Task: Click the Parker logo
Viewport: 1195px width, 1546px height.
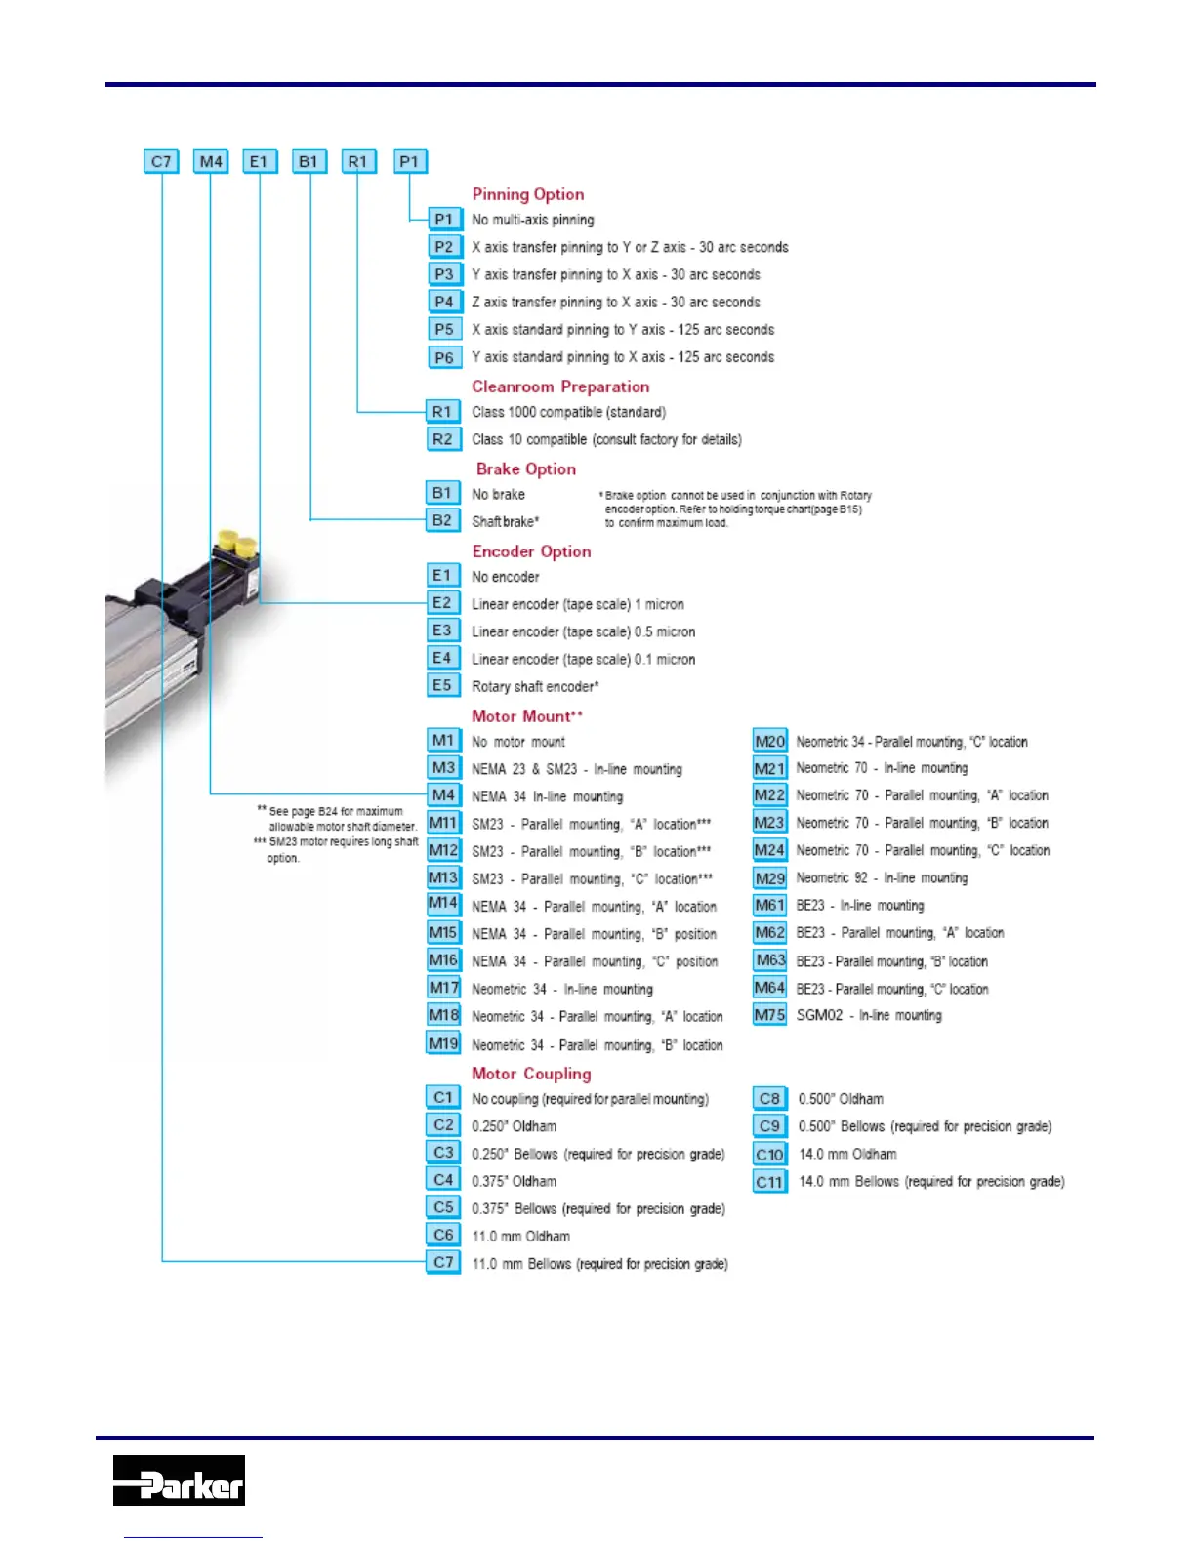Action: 179,1480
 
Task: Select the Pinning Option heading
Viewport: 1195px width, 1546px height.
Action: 528,194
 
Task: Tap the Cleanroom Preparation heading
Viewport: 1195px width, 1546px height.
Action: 560,386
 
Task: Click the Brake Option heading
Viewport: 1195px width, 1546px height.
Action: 526,468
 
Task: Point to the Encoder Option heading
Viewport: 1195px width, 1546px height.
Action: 531,551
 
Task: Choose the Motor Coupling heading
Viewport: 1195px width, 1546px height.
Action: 531,1074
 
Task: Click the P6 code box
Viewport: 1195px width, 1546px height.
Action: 444,357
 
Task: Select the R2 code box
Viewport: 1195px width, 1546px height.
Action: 442,439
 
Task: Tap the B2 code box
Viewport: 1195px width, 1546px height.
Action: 442,520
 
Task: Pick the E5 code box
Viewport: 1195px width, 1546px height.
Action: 442,685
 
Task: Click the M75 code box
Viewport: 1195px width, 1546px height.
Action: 769,1015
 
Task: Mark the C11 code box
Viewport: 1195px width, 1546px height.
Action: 769,1182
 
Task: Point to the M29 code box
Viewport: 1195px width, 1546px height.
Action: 769,878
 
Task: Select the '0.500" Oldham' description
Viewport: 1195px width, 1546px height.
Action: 841,1099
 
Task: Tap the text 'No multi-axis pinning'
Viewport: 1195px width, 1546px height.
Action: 533,220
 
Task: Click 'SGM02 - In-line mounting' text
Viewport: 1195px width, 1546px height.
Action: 869,1016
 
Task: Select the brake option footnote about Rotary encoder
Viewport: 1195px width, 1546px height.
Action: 734,509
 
